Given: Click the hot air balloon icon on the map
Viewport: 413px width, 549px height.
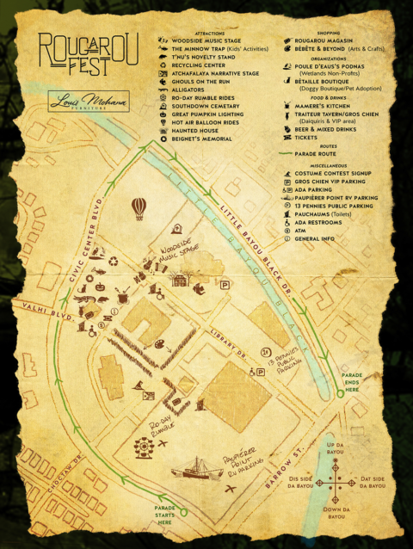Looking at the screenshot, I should pyautogui.click(x=139, y=207).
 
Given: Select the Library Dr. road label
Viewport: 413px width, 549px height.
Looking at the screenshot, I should pyautogui.click(x=228, y=349).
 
